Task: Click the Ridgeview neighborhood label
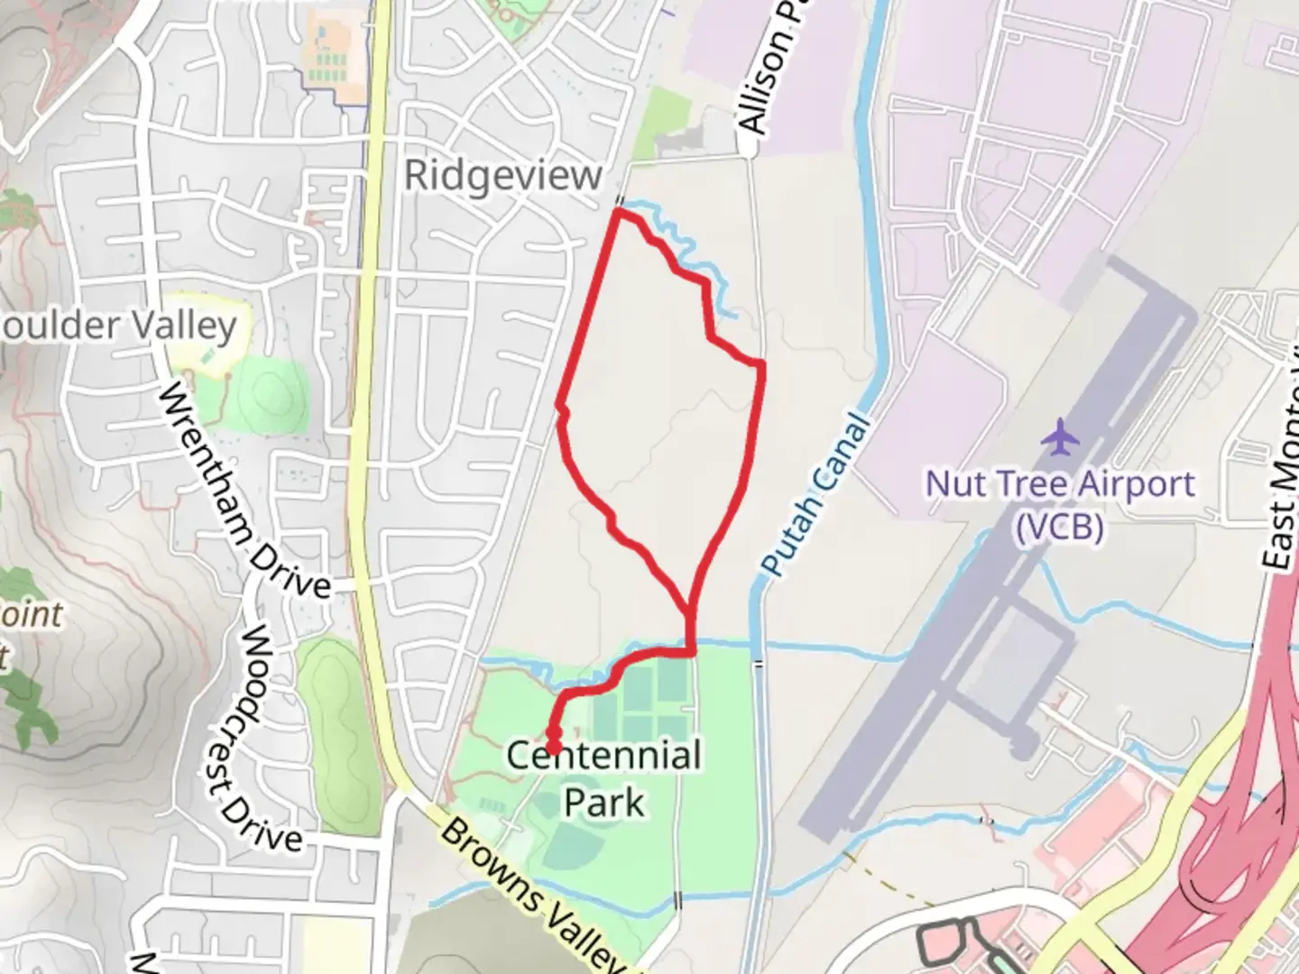pyautogui.click(x=502, y=175)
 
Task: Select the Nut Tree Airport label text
pyautogui.click(x=1060, y=484)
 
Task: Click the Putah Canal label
pyautogui.click(x=817, y=496)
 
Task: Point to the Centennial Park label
pyautogui.click(x=603, y=777)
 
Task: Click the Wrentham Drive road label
pyautogui.click(x=244, y=492)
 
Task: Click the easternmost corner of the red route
pyautogui.click(x=762, y=364)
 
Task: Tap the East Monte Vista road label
pyautogui.click(x=1281, y=478)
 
